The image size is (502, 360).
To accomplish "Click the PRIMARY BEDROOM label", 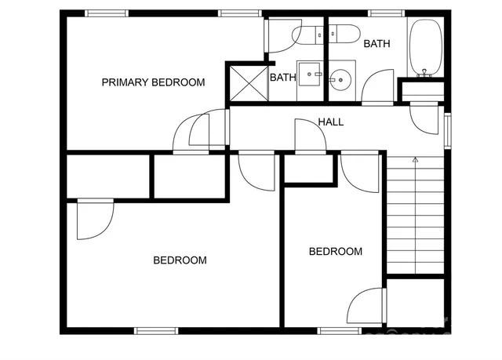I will click(153, 82).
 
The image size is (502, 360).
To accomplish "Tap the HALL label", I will click(330, 122).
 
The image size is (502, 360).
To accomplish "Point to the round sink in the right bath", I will click(341, 78).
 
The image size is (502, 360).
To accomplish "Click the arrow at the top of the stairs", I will click(415, 160).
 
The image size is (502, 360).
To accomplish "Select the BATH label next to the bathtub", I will click(376, 44).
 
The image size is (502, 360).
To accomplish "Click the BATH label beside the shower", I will click(282, 78).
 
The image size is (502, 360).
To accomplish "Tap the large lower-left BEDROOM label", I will click(180, 260).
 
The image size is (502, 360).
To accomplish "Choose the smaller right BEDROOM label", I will click(335, 252).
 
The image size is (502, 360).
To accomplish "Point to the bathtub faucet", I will click(426, 72).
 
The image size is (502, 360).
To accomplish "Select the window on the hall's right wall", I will click(448, 130).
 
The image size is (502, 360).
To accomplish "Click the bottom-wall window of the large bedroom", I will click(153, 330).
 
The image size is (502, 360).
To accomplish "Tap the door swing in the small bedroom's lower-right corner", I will click(367, 305).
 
